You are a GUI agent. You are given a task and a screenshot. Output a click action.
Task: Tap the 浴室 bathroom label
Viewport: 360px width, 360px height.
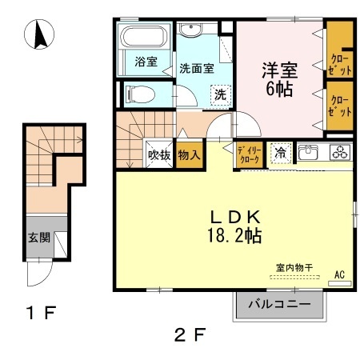(145, 62)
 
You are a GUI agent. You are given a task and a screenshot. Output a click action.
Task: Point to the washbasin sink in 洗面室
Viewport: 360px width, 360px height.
(191, 31)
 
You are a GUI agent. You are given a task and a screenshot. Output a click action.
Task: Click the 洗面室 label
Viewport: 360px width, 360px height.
(196, 68)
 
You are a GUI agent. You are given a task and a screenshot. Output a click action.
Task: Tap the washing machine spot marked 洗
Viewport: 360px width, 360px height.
(219, 93)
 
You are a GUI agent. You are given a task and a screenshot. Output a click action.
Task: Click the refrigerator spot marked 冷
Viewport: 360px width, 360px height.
(280, 153)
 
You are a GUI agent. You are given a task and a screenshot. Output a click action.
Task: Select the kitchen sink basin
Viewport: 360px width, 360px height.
(309, 153)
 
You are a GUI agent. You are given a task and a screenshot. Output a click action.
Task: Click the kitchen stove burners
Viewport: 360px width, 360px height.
(339, 153)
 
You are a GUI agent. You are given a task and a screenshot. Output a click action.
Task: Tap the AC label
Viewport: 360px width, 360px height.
(338, 275)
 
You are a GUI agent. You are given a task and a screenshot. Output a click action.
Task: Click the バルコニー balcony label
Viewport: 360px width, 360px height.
(280, 304)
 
